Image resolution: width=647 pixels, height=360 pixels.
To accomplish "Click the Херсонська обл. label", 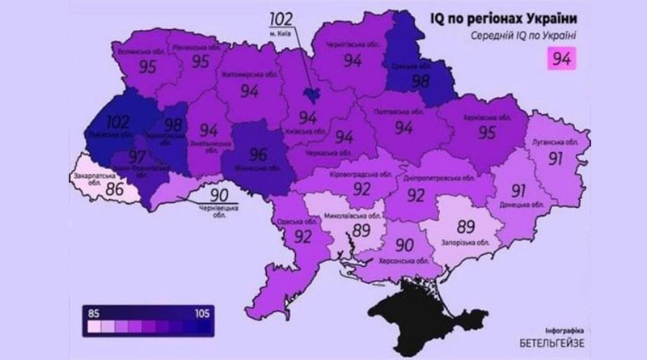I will (x=405, y=263).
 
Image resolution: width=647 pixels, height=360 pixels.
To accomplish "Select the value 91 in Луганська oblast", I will (x=555, y=158).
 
